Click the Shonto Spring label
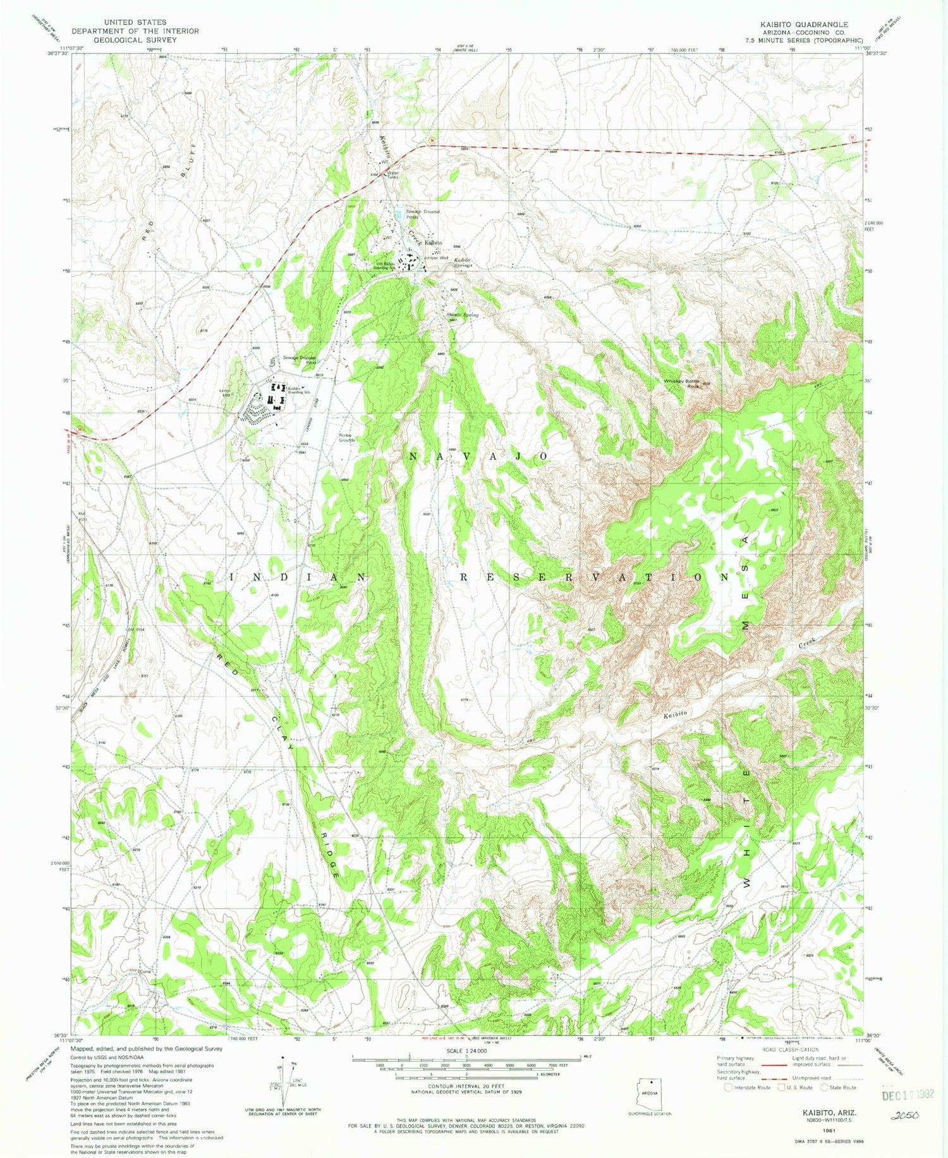[x=462, y=314]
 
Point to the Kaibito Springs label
[x=462, y=262]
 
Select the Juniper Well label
[x=436, y=258]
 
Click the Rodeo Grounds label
[x=347, y=437]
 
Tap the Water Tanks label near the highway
[x=392, y=174]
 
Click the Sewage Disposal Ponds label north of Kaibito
[x=422, y=214]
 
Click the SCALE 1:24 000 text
[x=466, y=1051]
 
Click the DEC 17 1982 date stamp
[x=908, y=1095]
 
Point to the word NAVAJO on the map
[x=478, y=456]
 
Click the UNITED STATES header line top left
[x=135, y=22]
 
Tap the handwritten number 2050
[x=905, y=1116]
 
